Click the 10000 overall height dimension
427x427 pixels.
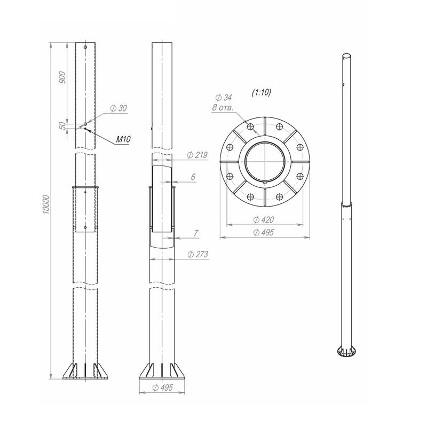pos(46,204)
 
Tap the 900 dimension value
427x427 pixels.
pos(62,77)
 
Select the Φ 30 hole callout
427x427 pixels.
pos(118,108)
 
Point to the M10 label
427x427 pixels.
pos(123,139)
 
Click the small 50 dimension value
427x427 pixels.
pos(62,125)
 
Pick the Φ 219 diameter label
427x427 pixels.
pos(197,155)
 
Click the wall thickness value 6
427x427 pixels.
pos(193,177)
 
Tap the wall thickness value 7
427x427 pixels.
pos(196,233)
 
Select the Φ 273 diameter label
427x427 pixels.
pos(197,255)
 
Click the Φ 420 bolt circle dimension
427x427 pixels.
pos(263,220)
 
